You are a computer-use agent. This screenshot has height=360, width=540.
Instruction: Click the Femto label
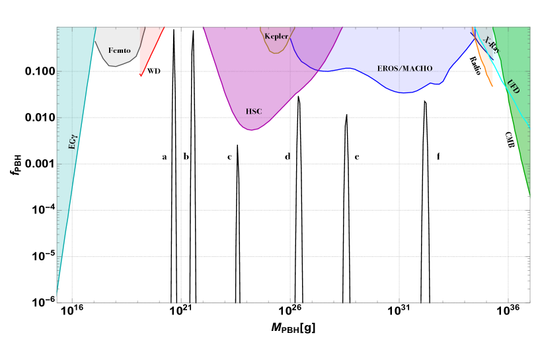click(x=120, y=50)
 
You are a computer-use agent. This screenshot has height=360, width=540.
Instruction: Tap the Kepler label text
click(x=276, y=36)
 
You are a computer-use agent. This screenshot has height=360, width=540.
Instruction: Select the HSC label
click(x=254, y=112)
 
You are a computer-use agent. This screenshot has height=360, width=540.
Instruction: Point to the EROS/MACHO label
click(x=405, y=69)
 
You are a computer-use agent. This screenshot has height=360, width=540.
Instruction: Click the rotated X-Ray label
click(x=491, y=45)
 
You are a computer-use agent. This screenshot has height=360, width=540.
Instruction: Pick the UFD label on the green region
click(x=513, y=86)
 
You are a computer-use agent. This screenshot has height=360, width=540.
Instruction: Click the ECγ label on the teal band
click(x=73, y=141)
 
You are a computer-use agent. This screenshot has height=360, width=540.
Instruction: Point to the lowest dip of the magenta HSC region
click(x=251, y=129)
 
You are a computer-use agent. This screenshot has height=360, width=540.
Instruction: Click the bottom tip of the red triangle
click(x=141, y=76)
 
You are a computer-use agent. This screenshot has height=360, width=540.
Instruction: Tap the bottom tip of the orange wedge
click(x=492, y=86)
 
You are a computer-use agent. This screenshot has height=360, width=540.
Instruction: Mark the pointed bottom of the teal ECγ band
click(x=58, y=291)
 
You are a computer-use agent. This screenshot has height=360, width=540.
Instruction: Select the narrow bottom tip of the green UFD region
click(x=529, y=194)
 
